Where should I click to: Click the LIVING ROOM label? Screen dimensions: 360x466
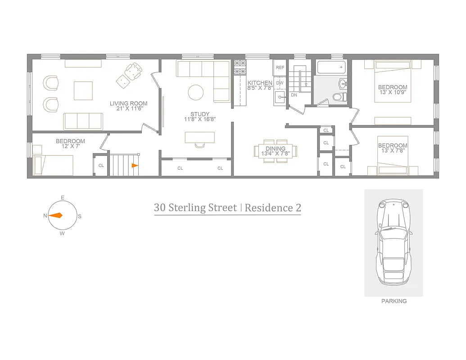coord(128,103)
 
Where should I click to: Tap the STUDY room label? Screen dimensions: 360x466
coord(199,114)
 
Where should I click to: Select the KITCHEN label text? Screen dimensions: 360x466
coord(260,83)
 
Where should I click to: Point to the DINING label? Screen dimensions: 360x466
coord(275,148)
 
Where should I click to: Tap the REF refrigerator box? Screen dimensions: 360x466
coord(280,67)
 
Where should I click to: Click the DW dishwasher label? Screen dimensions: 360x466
coord(280,83)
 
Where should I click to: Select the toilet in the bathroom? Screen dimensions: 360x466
coord(339,96)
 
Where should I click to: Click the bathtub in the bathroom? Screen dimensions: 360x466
coord(330,68)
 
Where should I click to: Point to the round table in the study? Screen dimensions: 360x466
coord(196,92)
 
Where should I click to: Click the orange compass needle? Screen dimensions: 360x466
coord(56,216)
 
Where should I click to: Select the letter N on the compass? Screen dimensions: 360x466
coord(45,216)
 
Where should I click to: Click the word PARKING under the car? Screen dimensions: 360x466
coord(394,301)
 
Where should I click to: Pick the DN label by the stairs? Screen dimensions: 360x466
coord(294,95)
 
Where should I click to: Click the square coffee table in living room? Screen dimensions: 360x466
coord(83,90)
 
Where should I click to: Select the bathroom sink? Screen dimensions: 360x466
coord(343,83)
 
